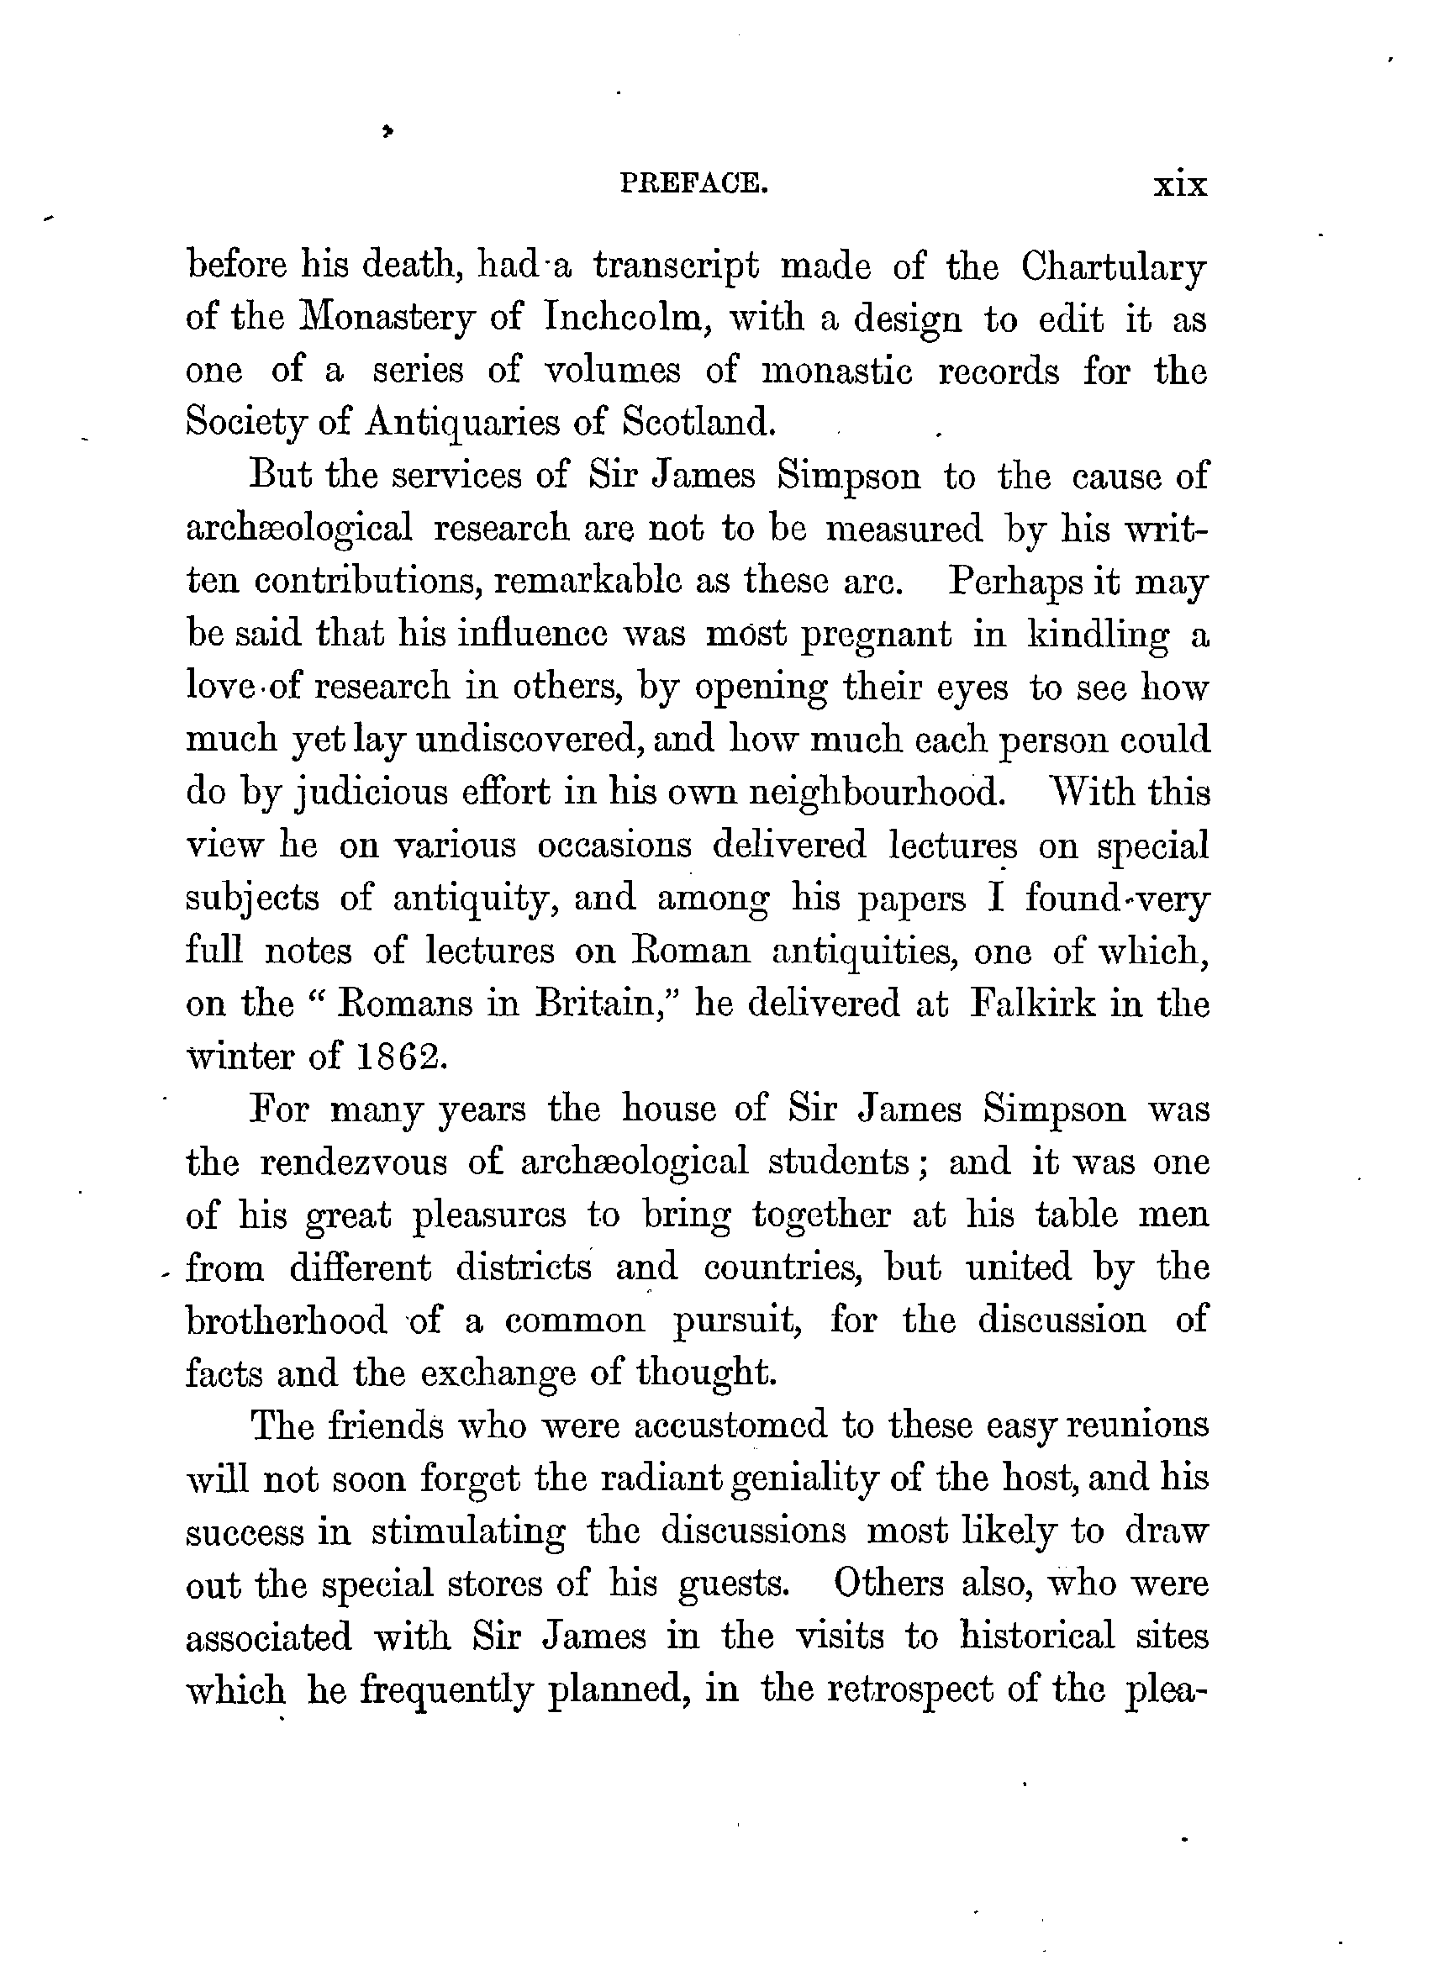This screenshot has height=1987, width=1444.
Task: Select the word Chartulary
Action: click(x=1114, y=267)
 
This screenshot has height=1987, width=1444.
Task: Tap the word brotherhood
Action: click(x=287, y=1320)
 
